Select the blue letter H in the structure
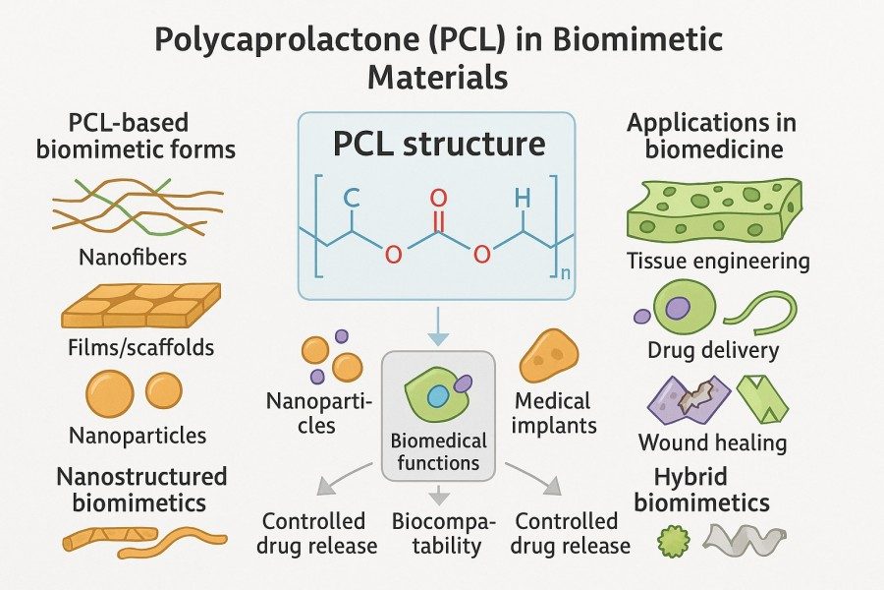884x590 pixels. pos(523,199)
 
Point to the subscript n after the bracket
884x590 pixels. pos(564,272)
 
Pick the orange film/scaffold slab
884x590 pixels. pos(139,307)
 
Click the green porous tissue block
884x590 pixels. pos(713,209)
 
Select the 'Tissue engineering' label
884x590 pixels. pos(718,262)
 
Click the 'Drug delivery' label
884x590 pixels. pos(713,350)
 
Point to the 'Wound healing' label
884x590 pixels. pos(712,442)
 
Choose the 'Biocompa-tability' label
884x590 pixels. pos(436,533)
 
